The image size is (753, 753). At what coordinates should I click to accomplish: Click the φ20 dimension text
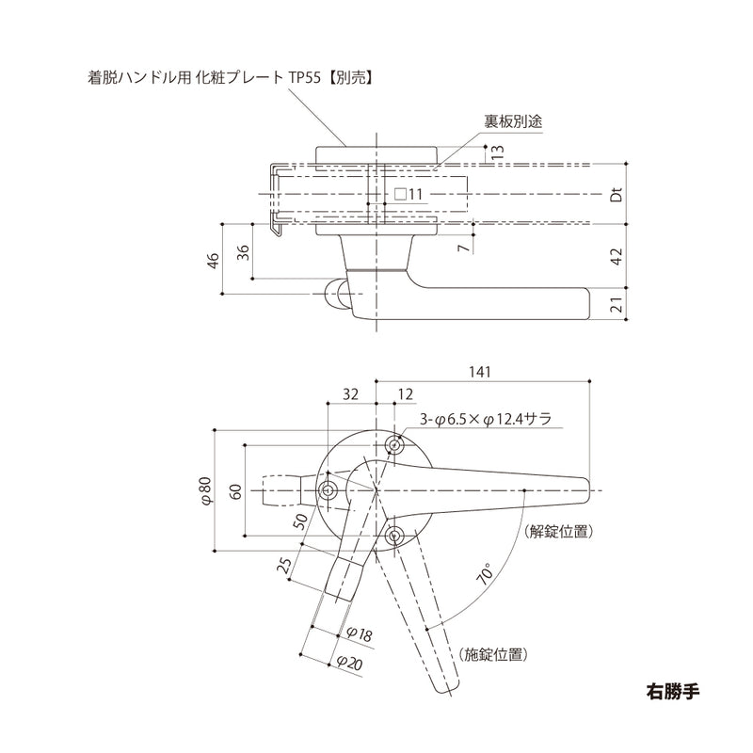point(349,663)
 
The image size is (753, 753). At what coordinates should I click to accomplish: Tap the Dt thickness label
point(617,196)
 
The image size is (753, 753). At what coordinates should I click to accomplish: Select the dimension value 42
point(617,256)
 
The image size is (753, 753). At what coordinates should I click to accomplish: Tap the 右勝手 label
point(673,687)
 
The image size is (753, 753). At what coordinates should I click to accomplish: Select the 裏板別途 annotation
point(513,121)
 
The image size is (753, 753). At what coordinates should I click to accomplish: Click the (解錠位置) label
point(559,531)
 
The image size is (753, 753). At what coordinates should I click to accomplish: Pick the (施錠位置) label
point(492,653)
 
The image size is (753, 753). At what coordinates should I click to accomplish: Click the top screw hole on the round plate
point(395,443)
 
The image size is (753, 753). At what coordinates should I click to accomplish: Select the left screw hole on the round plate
point(328,490)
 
